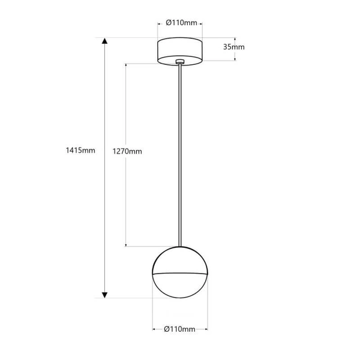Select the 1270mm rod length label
pyautogui.click(x=127, y=151)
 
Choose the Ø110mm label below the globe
pyautogui.click(x=180, y=329)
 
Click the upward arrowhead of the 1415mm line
pyautogui.click(x=104, y=41)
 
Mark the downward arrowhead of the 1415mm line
pyautogui.click(x=104, y=295)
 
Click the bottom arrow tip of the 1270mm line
pyautogui.click(x=125, y=245)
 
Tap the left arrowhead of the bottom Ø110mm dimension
pyautogui.click(x=154, y=329)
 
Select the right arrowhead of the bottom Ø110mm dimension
pyautogui.click(x=206, y=329)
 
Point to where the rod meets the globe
pyautogui.click(x=180, y=245)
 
